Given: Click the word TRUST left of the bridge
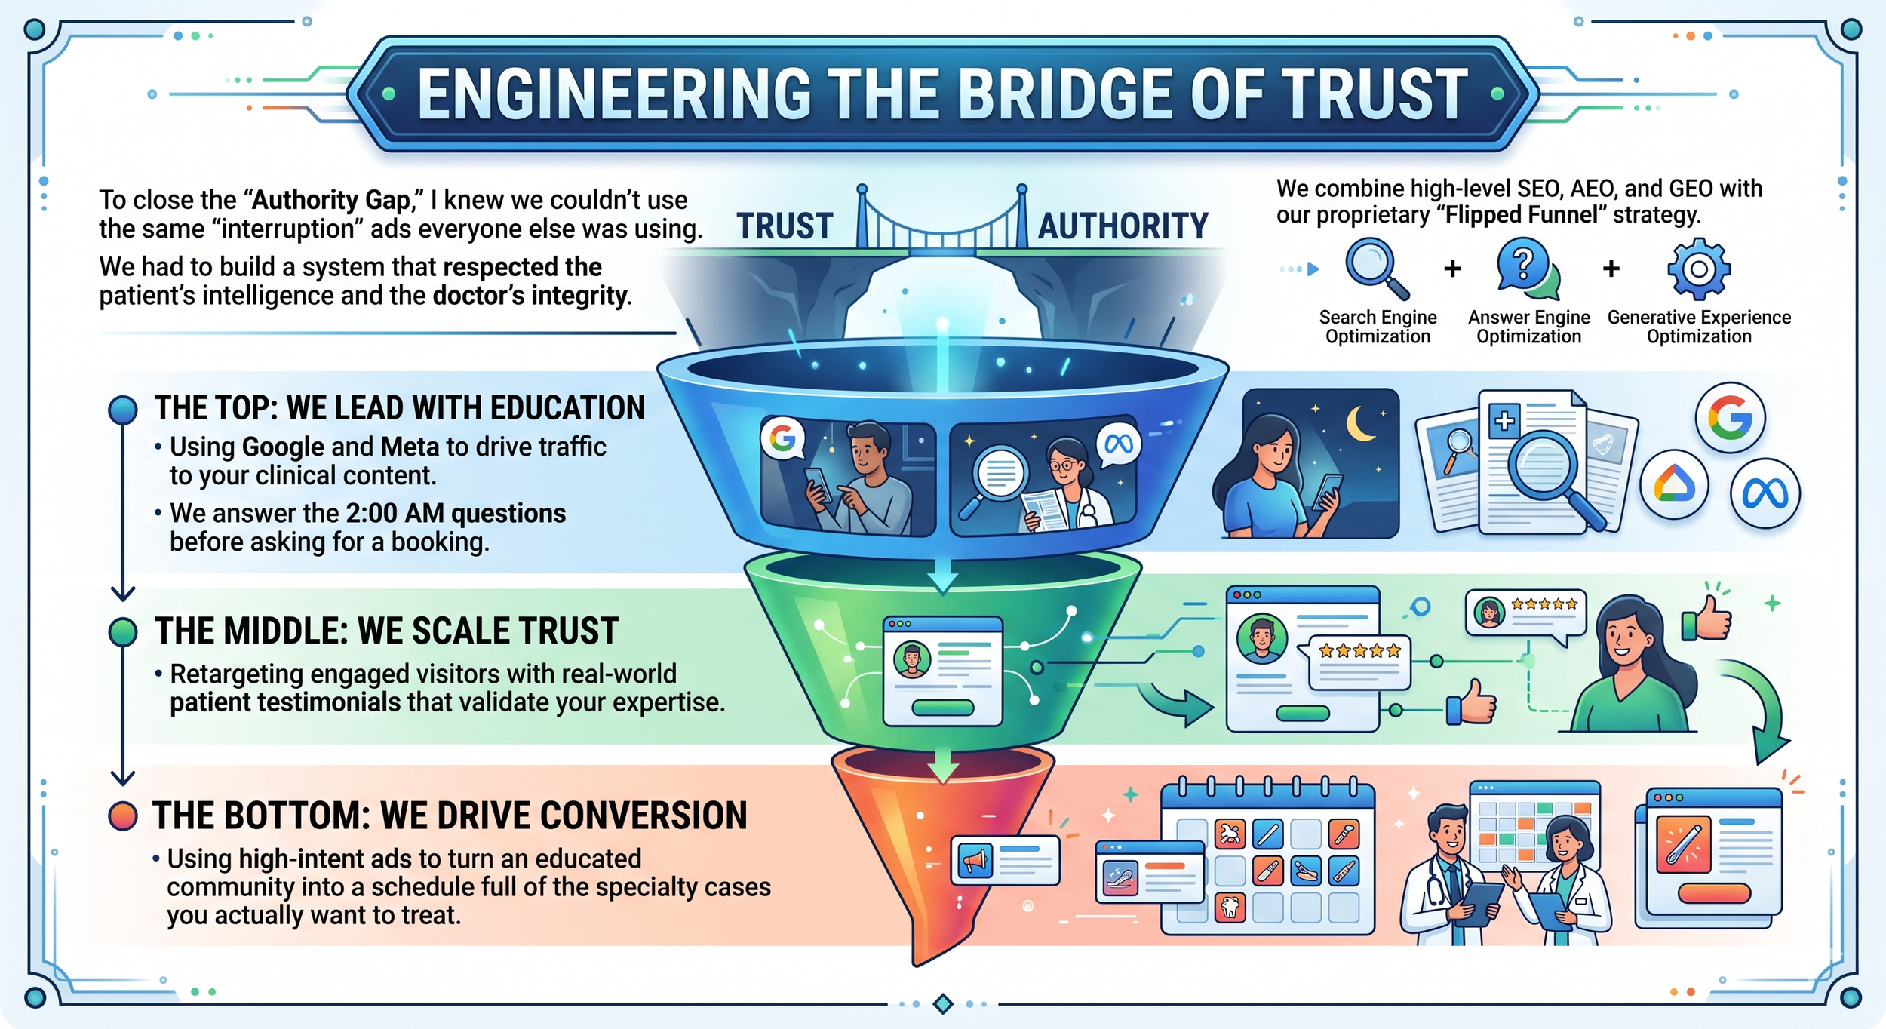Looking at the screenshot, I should pos(785,226).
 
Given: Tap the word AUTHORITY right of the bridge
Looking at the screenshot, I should pos(1123,226).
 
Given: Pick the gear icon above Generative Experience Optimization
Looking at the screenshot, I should pos(1698,269).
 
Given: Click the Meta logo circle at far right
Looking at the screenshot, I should pos(1765,494).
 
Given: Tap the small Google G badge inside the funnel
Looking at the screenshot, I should pos(783,438).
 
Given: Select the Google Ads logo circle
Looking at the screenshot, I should pos(1674,486).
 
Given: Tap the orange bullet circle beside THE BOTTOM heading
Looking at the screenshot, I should pos(123,816).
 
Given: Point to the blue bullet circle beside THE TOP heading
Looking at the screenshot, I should pos(123,410).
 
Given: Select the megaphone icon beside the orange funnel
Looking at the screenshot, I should pos(975,861).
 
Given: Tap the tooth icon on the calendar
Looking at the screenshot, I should pos(1230,906).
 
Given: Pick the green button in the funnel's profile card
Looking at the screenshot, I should pos(942,708).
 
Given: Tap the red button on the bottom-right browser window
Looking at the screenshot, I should pos(1714,893).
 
